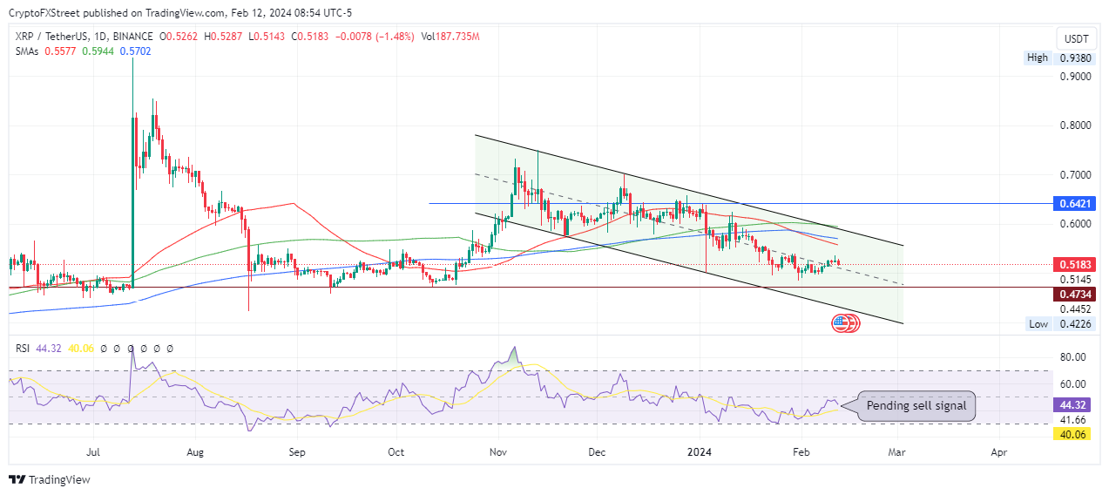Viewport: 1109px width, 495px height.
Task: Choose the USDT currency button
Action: click(1077, 39)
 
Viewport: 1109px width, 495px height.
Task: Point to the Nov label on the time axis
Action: click(498, 453)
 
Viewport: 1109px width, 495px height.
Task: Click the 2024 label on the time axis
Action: click(700, 453)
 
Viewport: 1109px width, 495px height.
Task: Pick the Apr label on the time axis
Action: click(999, 453)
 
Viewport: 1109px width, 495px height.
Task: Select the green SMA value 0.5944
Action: click(98, 51)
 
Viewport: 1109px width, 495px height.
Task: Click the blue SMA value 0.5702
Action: click(136, 51)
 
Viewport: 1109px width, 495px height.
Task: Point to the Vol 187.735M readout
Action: click(450, 37)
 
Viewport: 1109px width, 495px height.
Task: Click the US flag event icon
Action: click(841, 324)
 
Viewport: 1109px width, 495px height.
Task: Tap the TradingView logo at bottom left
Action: click(50, 479)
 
